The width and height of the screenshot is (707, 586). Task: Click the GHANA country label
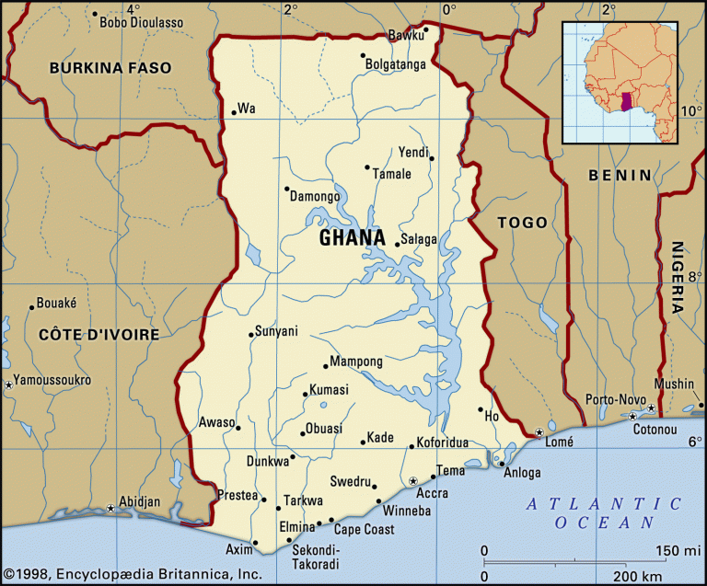point(352,238)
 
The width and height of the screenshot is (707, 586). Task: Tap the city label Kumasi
point(329,391)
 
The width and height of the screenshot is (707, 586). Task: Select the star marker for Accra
point(413,480)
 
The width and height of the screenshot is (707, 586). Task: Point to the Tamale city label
point(391,174)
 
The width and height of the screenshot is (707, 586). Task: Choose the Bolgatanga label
point(395,64)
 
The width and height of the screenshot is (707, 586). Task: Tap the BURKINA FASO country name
point(110,68)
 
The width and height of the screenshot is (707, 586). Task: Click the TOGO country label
point(522,223)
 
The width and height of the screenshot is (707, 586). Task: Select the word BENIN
point(620,175)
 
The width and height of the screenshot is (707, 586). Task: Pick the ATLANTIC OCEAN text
point(605,512)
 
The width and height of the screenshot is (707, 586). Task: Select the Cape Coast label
point(364,529)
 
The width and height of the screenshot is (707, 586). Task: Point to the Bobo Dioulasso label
point(141,21)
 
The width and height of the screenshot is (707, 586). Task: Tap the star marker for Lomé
point(539,432)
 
